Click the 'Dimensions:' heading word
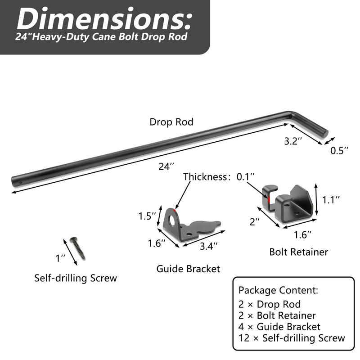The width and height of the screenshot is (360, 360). [x=104, y=19]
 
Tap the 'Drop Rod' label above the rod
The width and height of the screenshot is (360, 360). [x=171, y=122]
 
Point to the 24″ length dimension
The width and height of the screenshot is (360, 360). [x=166, y=166]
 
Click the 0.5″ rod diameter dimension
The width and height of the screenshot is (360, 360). [x=339, y=151]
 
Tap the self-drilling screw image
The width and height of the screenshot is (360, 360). [x=77, y=248]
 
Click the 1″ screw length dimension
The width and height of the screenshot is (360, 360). [x=61, y=258]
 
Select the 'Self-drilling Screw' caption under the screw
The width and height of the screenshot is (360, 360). [x=76, y=278]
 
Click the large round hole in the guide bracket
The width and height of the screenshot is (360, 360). [x=171, y=220]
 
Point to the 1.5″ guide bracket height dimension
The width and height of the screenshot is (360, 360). [x=147, y=216]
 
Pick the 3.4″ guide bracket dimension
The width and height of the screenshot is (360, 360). [x=208, y=246]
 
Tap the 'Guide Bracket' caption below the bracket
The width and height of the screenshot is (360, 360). [x=188, y=269]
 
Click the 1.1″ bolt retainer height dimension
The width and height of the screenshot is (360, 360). [x=331, y=200]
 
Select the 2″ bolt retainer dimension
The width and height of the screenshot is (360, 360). [x=255, y=222]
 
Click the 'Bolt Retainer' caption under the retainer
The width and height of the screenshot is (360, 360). [x=299, y=252]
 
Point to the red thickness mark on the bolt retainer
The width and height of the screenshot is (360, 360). [x=268, y=200]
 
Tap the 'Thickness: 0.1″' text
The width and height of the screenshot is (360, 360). [x=219, y=177]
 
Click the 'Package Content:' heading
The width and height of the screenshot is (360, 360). [x=278, y=290]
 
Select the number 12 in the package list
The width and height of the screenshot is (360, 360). [x=244, y=338]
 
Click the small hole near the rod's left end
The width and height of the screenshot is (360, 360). [x=20, y=183]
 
